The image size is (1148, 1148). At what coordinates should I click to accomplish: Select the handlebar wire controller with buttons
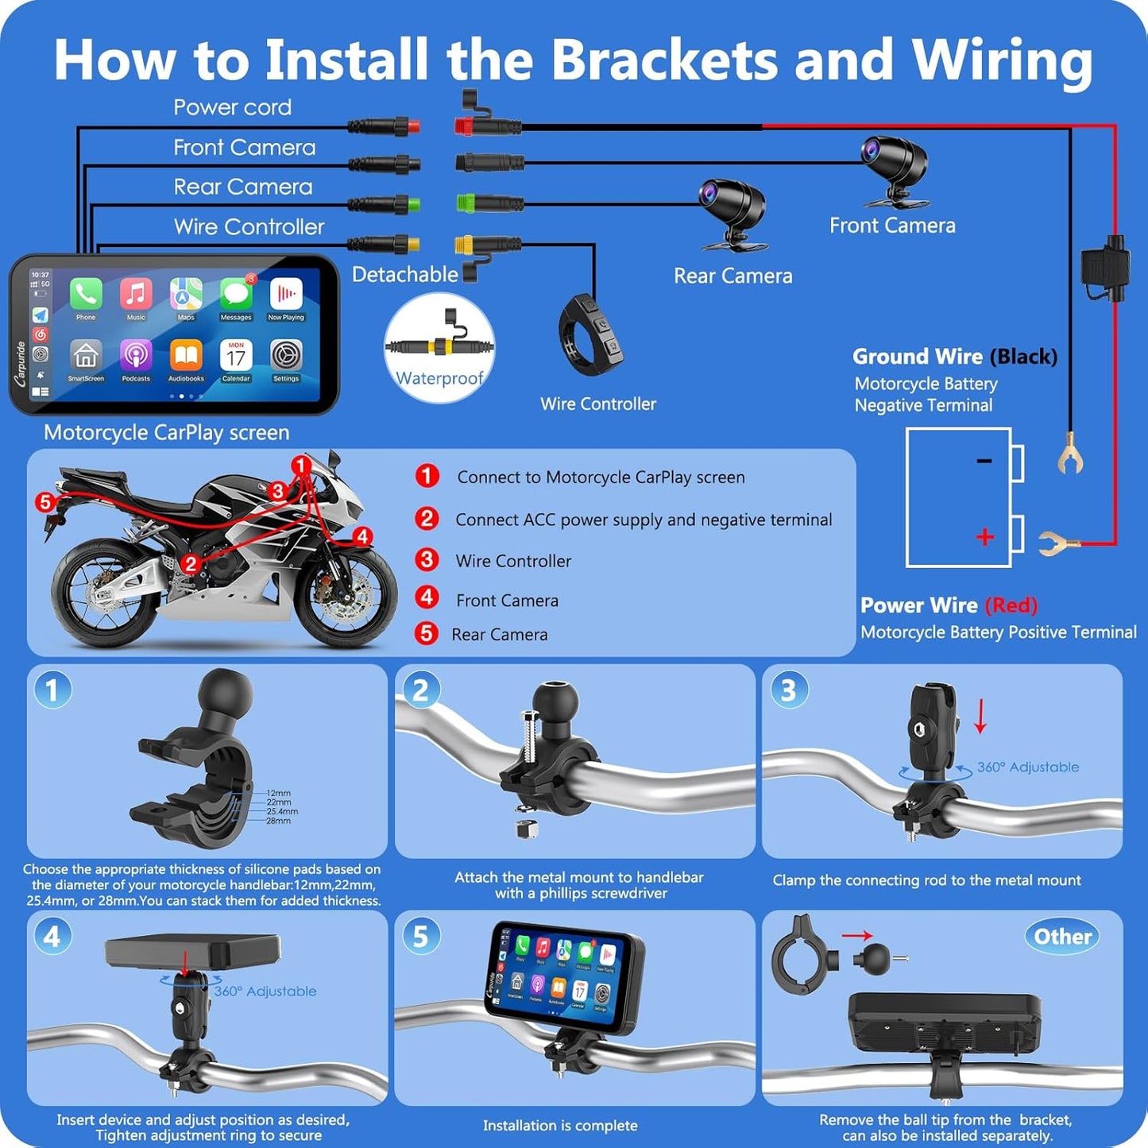[590, 334]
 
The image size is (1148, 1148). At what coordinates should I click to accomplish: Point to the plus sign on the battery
[984, 537]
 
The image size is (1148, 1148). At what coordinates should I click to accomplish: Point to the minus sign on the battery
[984, 461]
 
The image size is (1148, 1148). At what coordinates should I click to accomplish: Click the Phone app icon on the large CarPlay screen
[86, 296]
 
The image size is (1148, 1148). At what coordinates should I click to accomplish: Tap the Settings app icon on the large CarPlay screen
[286, 357]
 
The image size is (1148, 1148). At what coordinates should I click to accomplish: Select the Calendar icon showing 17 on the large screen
[236, 357]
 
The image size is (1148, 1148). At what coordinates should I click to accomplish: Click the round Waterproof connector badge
[439, 348]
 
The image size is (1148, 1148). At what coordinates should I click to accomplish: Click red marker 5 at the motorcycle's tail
[44, 501]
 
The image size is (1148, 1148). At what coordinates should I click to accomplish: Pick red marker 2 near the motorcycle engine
[190, 563]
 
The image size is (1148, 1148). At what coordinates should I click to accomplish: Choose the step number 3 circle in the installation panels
[788, 690]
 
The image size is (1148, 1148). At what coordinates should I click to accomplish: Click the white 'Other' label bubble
[1062, 937]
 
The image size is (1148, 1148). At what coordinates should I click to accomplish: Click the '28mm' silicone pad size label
[278, 821]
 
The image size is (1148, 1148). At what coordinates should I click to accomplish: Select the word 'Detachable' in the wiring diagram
[404, 274]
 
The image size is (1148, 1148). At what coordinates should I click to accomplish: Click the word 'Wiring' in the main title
[1002, 60]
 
